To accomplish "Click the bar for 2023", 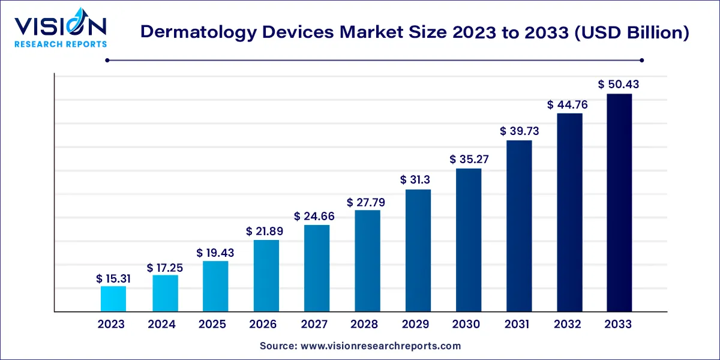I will [113, 299].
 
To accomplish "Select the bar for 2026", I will [266, 276].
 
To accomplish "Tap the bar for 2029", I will [418, 251].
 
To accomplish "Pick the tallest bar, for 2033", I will [619, 203].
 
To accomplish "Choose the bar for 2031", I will [519, 226].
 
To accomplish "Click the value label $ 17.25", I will [164, 268].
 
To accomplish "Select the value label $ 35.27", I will [469, 160].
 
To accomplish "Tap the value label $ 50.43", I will [619, 85].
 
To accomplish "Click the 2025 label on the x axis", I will [212, 325].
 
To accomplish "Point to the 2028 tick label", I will [365, 325].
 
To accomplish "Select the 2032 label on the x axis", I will [568, 325].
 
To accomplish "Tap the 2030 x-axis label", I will [466, 325].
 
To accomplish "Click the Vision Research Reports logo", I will [61, 30].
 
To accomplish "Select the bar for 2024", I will [165, 293].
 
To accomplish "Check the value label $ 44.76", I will [567, 105].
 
